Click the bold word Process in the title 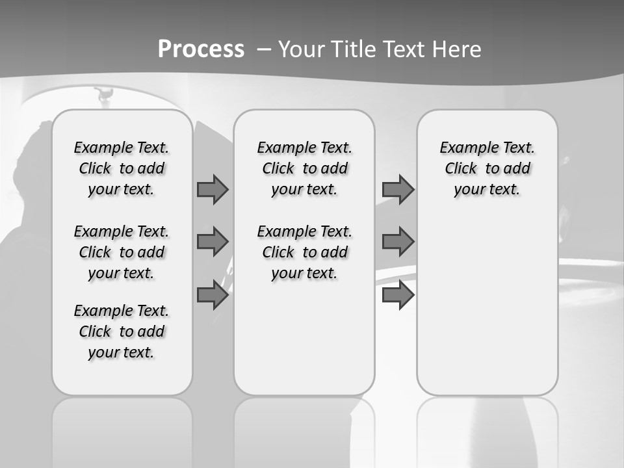pyautogui.click(x=201, y=49)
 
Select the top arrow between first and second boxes pyautogui.click(x=213, y=189)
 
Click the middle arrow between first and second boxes pyautogui.click(x=213, y=242)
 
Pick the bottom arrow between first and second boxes pyautogui.click(x=213, y=295)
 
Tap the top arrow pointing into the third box pyautogui.click(x=398, y=189)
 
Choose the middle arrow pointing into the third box pyautogui.click(x=398, y=242)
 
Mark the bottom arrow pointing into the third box pyautogui.click(x=398, y=295)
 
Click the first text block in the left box pyautogui.click(x=122, y=168)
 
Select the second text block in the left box pyautogui.click(x=122, y=252)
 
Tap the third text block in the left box pyautogui.click(x=122, y=331)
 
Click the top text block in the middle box pyautogui.click(x=304, y=168)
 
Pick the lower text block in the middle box pyautogui.click(x=304, y=252)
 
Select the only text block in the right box pyautogui.click(x=487, y=168)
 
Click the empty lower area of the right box pyautogui.click(x=487, y=305)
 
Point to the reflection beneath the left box pyautogui.click(x=122, y=429)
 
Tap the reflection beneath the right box pyautogui.click(x=487, y=429)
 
